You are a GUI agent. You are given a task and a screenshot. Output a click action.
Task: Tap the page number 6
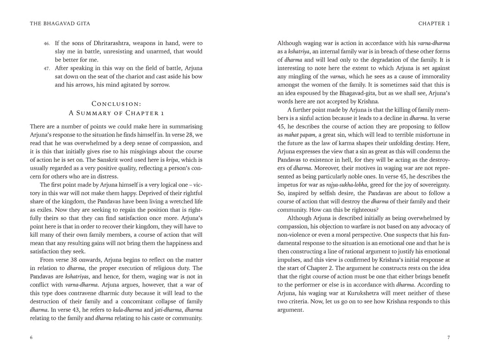pos(31,337)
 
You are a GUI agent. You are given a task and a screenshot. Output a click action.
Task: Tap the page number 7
pos(448,337)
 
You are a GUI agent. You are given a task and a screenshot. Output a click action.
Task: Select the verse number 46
pos(47,43)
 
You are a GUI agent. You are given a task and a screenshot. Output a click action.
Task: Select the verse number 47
pos(47,68)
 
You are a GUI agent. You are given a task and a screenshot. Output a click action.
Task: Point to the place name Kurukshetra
pos(369,293)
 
